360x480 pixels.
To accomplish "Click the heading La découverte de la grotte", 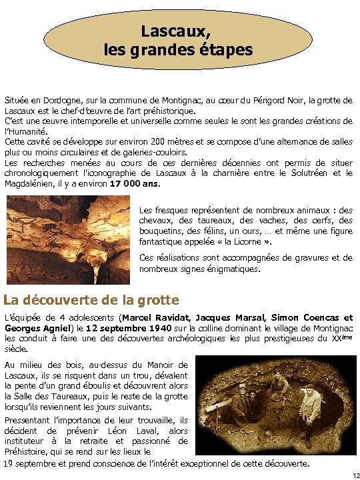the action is pos(91,300).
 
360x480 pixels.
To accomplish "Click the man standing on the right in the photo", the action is pos(309,413).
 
